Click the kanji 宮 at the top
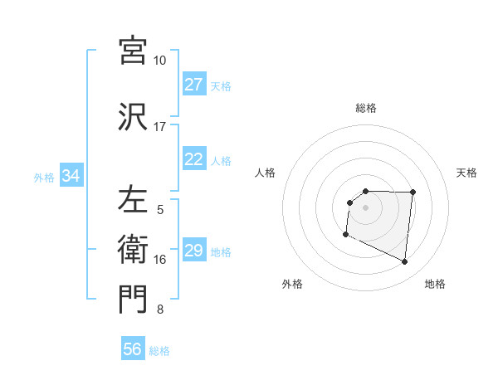pos(133,51)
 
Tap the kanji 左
pos(133,200)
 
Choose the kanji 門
pos(133,300)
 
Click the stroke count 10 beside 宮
pos(160,61)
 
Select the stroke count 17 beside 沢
pos(160,127)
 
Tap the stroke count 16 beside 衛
pos(160,260)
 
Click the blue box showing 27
pos(194,85)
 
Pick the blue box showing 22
pos(194,159)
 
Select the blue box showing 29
pos(194,251)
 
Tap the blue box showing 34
pos(71,176)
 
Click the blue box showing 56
pos(133,349)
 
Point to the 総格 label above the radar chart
pos(366,108)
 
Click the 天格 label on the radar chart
pos(467,173)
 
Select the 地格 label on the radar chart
pos(435,284)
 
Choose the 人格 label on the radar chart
pos(265,173)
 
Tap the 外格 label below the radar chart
pos(292,284)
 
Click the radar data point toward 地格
pos(405,262)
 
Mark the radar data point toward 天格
pos(413,193)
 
